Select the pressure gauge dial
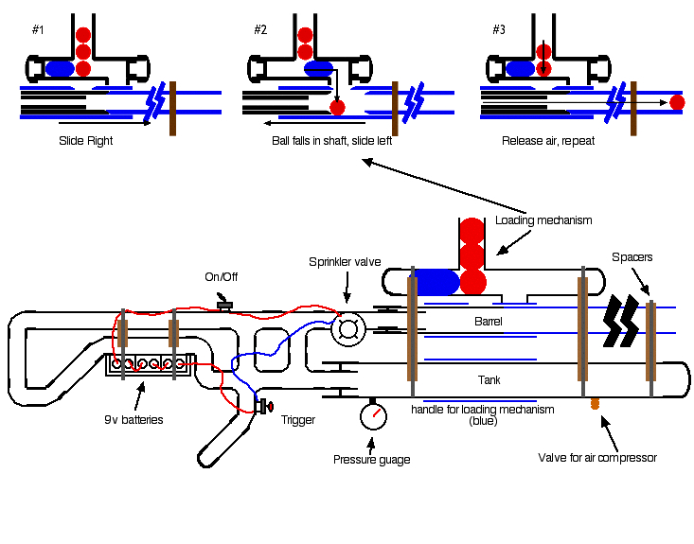click(373, 416)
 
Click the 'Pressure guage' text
click(371, 460)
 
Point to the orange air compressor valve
click(596, 404)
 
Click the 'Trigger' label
click(297, 419)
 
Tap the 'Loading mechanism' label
click(543, 220)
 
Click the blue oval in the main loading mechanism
click(437, 281)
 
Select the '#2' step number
click(260, 30)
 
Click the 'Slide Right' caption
click(85, 140)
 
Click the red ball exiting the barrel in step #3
click(677, 102)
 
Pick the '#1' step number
click(38, 30)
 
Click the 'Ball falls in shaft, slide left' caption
click(325, 140)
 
